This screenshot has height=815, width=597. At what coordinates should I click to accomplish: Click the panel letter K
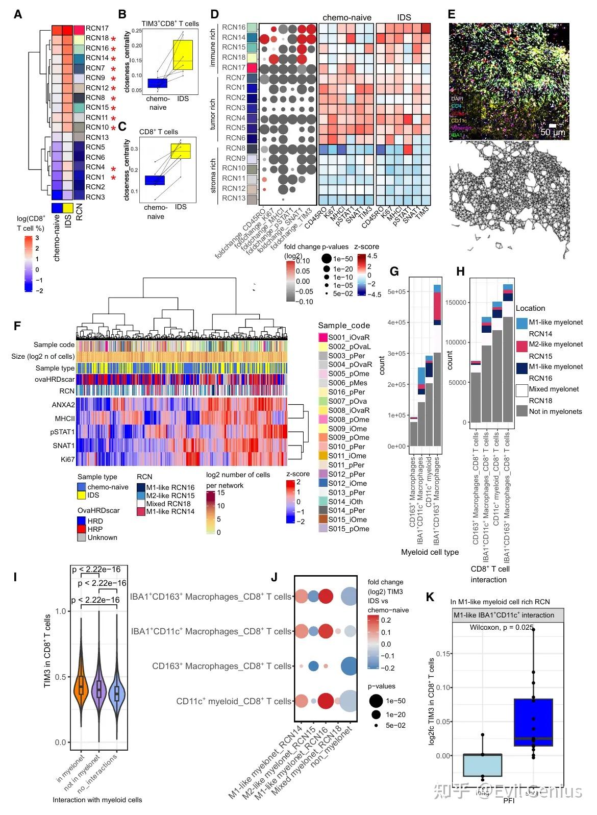point(430,597)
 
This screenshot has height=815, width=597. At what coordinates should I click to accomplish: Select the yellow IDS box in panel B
point(183,61)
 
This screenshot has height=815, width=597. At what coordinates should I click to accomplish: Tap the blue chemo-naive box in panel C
point(155,180)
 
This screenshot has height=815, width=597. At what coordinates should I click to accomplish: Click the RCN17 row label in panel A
point(97,29)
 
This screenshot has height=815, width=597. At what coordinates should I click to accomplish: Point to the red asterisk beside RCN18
point(113,39)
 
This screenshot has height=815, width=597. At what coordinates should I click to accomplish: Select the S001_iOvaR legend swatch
point(322,337)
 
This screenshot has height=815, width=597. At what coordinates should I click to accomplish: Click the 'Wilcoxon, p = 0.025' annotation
point(501,627)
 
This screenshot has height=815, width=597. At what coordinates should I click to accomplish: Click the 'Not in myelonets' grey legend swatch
point(521,411)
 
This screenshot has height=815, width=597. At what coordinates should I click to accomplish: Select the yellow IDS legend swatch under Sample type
point(81,495)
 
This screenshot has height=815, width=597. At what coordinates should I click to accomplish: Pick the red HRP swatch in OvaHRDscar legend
point(81,529)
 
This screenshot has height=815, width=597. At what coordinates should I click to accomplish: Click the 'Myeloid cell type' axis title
point(430,552)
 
